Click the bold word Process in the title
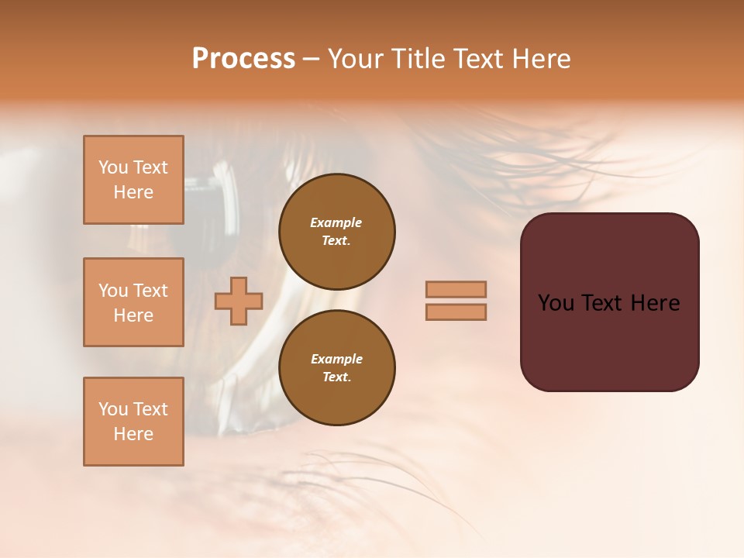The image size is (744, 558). pos(243,59)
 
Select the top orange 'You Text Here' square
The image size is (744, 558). pos(133,180)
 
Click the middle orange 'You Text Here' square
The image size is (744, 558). pos(133,302)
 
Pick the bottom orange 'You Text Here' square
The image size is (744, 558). pos(133,422)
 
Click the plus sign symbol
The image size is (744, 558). pos(239,301)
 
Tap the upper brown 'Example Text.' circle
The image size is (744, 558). pos(336,231)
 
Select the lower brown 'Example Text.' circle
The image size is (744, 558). pos(336,367)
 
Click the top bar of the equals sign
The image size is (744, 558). pos(456,289)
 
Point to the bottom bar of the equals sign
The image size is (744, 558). pos(456,312)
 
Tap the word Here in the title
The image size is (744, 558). pos(543,59)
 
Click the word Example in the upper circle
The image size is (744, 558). pos(336,222)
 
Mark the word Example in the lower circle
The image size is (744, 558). pos(336,359)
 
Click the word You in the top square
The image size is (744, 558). pos(112,167)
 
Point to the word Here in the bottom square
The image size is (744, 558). pos(133,434)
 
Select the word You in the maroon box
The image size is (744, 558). pos(556,303)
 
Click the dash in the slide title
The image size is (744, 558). pos(311,59)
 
